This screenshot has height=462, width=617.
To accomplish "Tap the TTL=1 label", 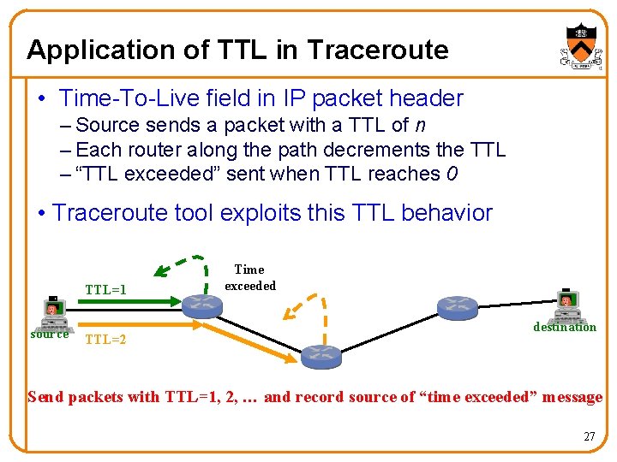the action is (x=105, y=289).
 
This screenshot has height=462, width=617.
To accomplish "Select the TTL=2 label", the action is (x=105, y=340).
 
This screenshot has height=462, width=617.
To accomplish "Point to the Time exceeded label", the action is (x=249, y=277).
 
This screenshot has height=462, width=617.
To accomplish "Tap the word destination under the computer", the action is (x=565, y=327).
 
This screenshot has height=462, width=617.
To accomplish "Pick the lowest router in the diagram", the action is (x=320, y=353).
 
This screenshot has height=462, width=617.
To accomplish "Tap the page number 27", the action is (x=589, y=436).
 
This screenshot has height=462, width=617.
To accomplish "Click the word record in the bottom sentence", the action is (x=318, y=397).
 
